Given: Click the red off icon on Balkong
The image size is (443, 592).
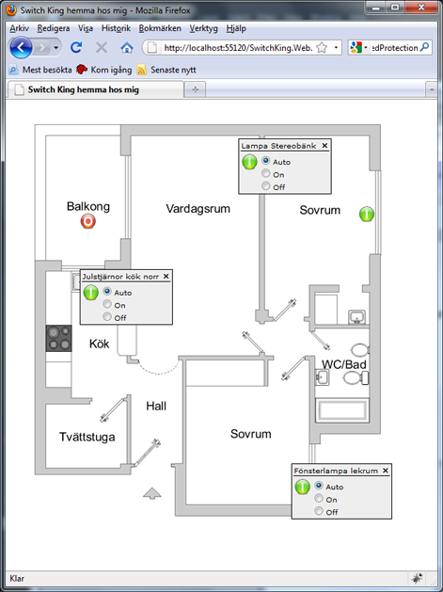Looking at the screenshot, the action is pyautogui.click(x=87, y=221).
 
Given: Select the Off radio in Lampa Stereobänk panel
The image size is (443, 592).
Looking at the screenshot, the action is pyautogui.click(x=266, y=185).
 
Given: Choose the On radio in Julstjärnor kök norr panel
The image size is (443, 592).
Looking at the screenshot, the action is pyautogui.click(x=107, y=304).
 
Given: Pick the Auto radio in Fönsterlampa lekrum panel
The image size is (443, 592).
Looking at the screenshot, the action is pyautogui.click(x=319, y=485).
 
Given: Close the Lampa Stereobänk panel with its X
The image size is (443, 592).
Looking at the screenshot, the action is pyautogui.click(x=324, y=145).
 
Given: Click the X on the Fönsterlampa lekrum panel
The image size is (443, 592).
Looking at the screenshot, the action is pyautogui.click(x=386, y=470).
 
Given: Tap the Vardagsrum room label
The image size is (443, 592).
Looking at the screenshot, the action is pyautogui.click(x=198, y=209).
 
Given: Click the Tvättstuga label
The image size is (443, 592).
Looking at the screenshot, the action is pyautogui.click(x=87, y=437).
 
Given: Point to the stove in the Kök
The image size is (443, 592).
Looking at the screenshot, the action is pyautogui.click(x=59, y=338).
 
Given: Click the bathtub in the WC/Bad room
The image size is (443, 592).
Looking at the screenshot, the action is pyautogui.click(x=342, y=410).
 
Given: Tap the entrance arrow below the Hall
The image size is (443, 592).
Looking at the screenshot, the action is pyautogui.click(x=152, y=493).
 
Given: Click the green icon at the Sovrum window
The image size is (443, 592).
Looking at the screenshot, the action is pyautogui.click(x=367, y=214).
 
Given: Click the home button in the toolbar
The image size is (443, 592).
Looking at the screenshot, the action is pyautogui.click(x=127, y=48).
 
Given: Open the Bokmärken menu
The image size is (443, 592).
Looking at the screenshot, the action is pyautogui.click(x=160, y=28).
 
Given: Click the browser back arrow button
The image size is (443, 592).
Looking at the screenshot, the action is pyautogui.click(x=21, y=48).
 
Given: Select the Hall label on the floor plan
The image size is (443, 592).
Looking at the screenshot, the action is pyautogui.click(x=156, y=406).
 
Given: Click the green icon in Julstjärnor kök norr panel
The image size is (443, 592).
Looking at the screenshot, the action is pyautogui.click(x=90, y=293).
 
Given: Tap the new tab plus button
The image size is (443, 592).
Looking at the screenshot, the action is pyautogui.click(x=195, y=89).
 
